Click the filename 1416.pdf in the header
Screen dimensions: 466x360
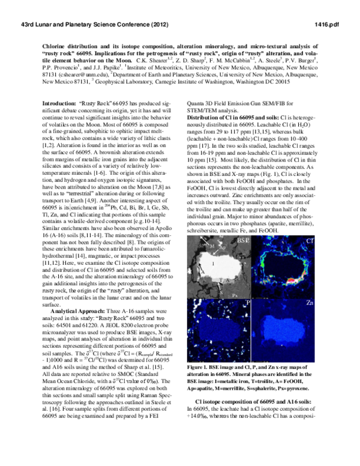(326, 22)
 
